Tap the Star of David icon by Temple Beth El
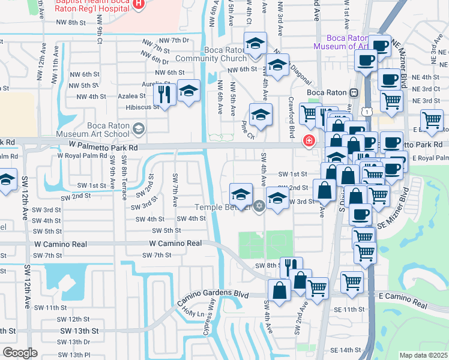pyautogui.click(x=259, y=207)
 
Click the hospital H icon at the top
pyautogui.click(x=139, y=5)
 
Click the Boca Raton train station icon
pyautogui.click(x=354, y=93)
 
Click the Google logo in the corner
pyautogui.click(x=20, y=353)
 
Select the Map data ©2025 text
pyautogui.click(x=423, y=355)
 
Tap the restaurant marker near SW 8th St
pyautogui.click(x=291, y=266)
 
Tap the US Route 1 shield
pyautogui.click(x=366, y=112)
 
